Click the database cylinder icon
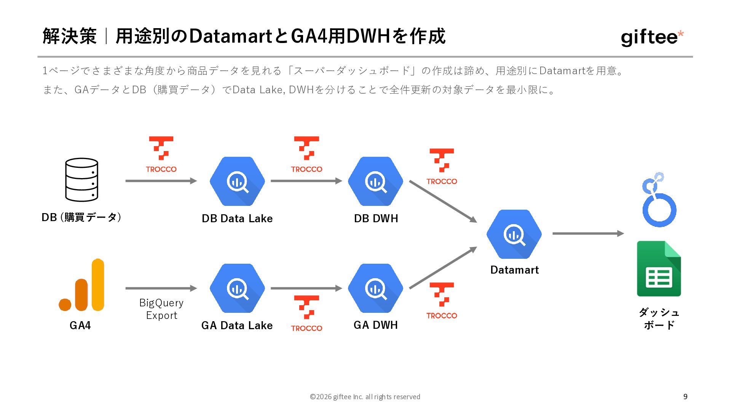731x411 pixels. (81, 180)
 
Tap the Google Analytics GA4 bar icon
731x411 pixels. (81, 285)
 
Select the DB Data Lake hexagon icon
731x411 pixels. (237, 181)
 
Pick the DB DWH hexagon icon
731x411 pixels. (375, 181)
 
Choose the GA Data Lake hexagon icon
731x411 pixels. (237, 288)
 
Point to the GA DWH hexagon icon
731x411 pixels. (375, 288)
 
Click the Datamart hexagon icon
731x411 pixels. (514, 234)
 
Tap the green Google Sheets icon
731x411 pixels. (659, 269)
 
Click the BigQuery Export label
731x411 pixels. (161, 309)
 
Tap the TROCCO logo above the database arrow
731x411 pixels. (161, 155)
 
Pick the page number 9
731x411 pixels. (685, 397)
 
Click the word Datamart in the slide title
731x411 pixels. (230, 36)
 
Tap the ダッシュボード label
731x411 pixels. (659, 319)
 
